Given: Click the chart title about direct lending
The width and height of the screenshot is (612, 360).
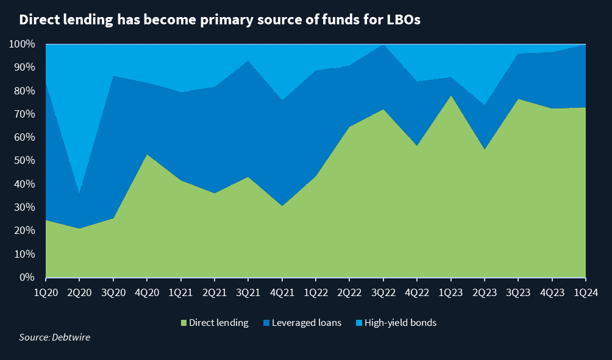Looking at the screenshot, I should pyautogui.click(x=219, y=20).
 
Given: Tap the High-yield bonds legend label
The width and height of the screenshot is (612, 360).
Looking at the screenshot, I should pyautogui.click(x=400, y=323).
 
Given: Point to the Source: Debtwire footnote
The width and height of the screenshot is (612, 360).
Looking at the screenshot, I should pyautogui.click(x=54, y=337).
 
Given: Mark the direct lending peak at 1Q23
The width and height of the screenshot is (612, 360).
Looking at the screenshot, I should pyautogui.click(x=451, y=96).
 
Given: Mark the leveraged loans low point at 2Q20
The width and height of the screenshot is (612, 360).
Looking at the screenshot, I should pyautogui.click(x=80, y=194).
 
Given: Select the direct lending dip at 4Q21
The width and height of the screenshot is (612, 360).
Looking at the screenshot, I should pyautogui.click(x=282, y=206).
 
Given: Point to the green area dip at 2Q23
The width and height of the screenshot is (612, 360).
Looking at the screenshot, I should pyautogui.click(x=485, y=150).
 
